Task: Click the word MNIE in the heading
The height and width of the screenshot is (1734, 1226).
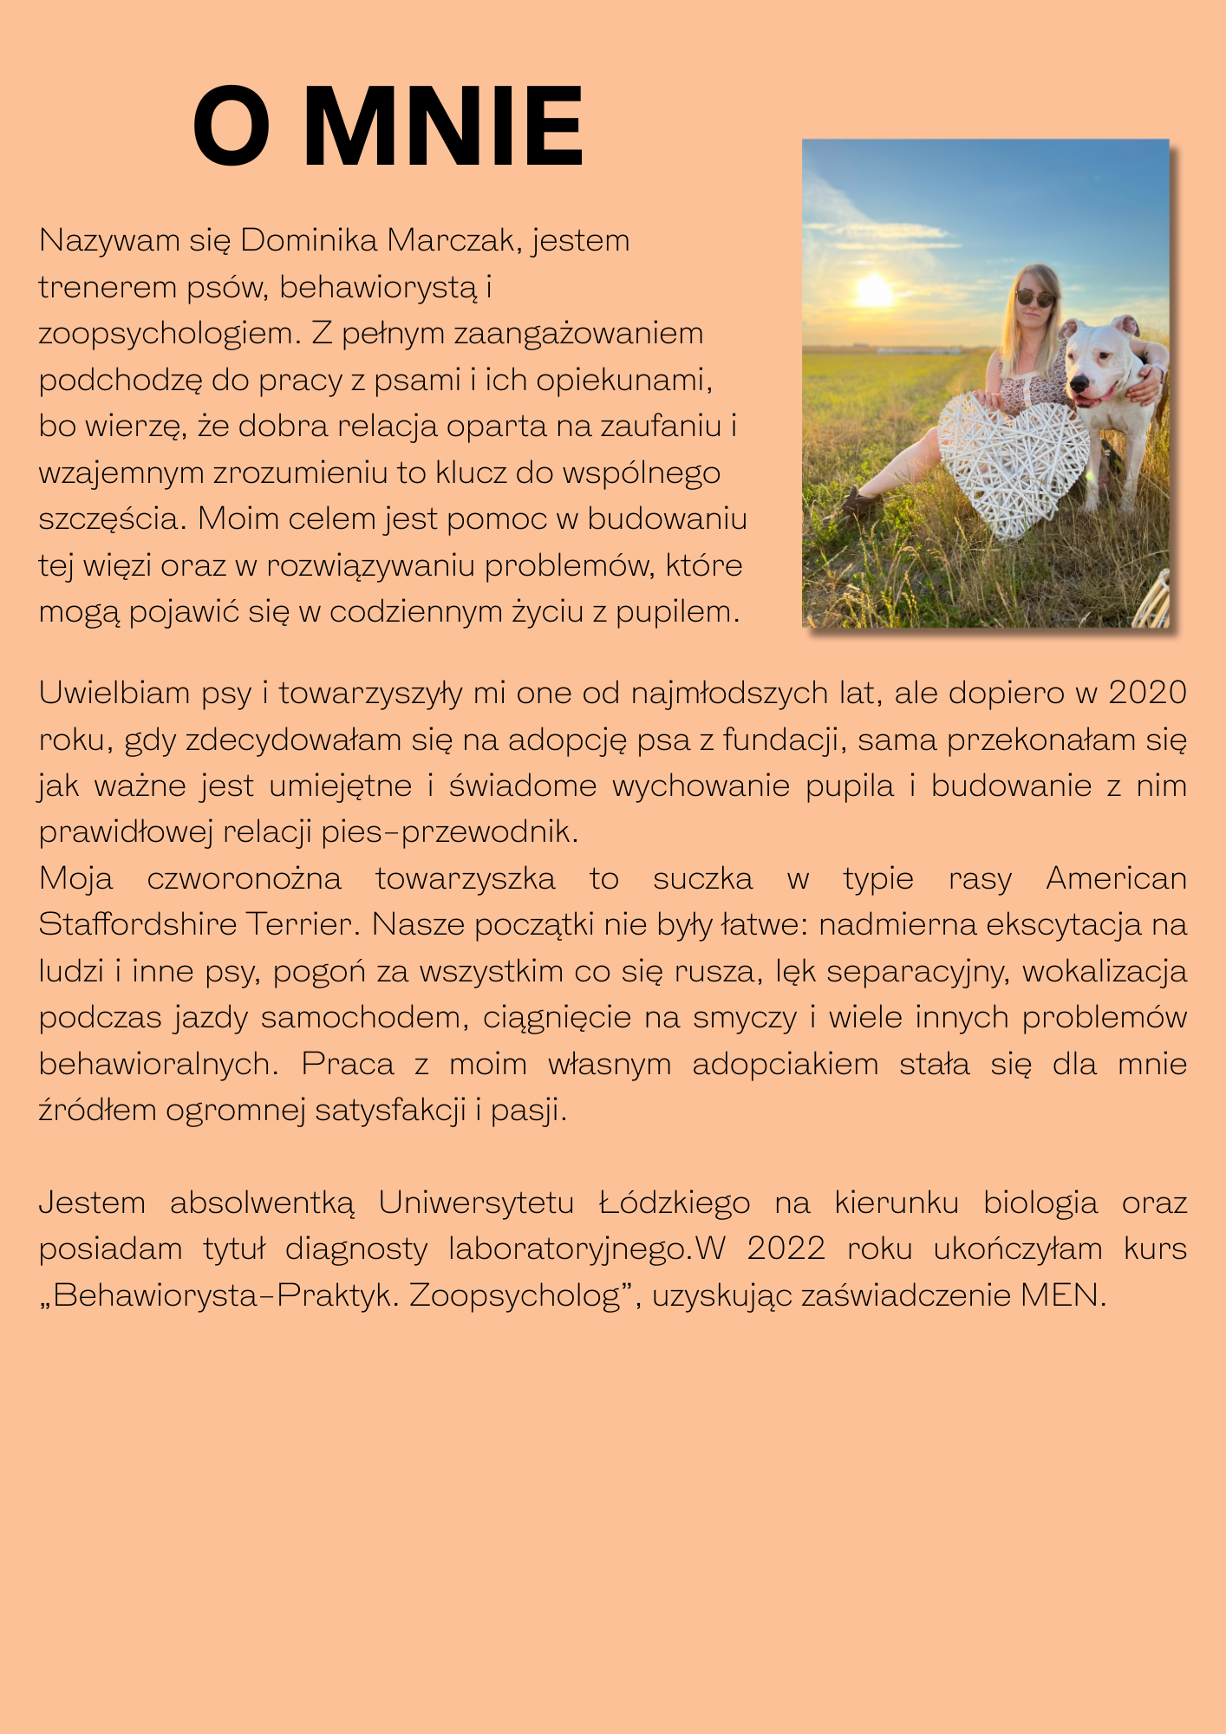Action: click(x=443, y=127)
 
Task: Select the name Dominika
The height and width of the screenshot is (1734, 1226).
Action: click(x=308, y=240)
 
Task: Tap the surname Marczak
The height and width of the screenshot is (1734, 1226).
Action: click(x=454, y=240)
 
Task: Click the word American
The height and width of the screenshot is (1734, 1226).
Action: click(x=1116, y=878)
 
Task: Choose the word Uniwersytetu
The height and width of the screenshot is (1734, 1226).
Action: click(x=476, y=1203)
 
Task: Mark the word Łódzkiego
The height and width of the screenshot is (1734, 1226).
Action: click(x=675, y=1203)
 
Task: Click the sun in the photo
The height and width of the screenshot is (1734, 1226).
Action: click(x=873, y=290)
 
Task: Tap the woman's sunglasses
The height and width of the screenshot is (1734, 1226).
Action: click(x=1035, y=299)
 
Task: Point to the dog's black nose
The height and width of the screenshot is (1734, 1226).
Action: click(x=1079, y=383)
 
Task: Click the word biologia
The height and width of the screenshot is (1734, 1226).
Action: click(x=1040, y=1203)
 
